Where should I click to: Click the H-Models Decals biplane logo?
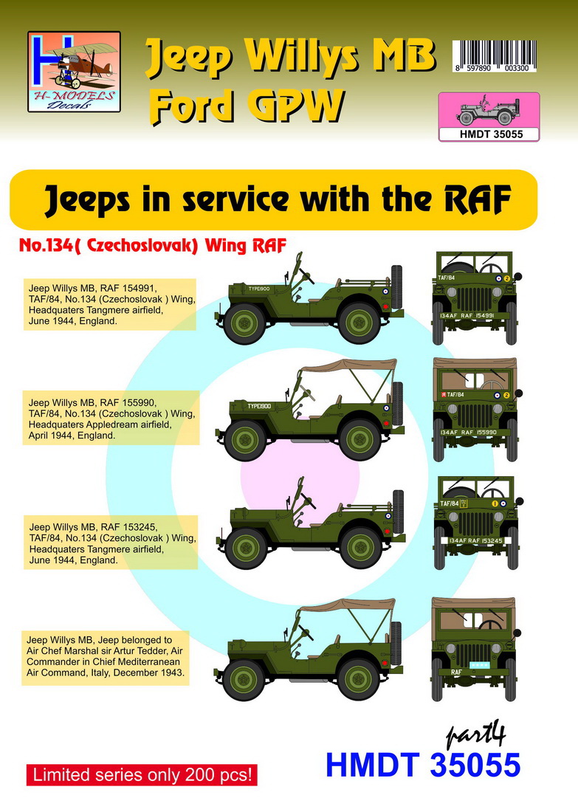[x=74, y=71]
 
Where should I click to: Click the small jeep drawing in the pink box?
[x=487, y=111]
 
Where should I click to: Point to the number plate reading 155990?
[x=476, y=430]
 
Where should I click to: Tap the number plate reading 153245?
[x=476, y=540]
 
